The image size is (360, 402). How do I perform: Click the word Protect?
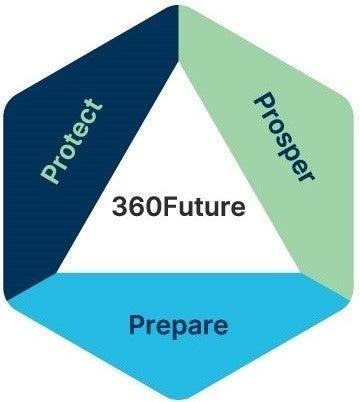(x=72, y=141)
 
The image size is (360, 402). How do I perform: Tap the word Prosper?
(x=284, y=138)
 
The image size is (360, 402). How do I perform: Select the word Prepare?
(x=179, y=325)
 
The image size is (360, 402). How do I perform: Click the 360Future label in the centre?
(x=180, y=209)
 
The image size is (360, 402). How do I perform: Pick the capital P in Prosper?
(x=264, y=102)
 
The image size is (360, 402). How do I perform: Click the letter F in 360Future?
(x=171, y=209)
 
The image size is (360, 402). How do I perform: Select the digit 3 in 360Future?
(x=121, y=209)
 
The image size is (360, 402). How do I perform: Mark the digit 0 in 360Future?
(x=153, y=209)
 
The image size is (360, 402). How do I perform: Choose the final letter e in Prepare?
(x=220, y=326)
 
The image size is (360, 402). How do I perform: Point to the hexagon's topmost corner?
(x=179, y=3)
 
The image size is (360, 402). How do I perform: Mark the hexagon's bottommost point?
(x=180, y=398)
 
